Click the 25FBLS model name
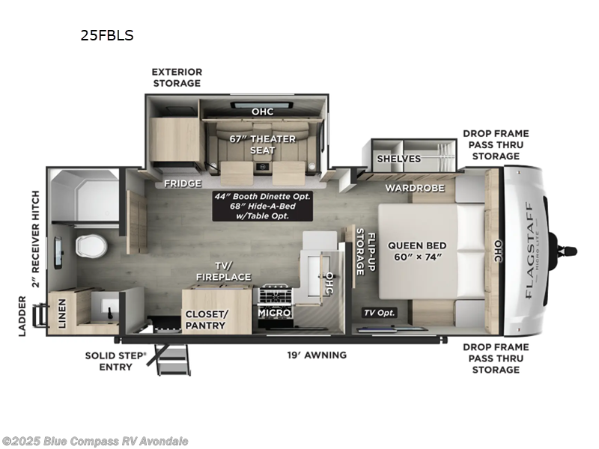[x=107, y=35]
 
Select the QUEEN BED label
[x=417, y=251]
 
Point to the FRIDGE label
[x=183, y=184]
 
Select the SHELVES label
[x=398, y=159]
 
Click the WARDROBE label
[x=416, y=187]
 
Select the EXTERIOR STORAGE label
[x=177, y=78]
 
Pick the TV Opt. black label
[x=380, y=313]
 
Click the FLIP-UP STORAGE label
[x=365, y=254]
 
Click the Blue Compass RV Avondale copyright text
[x=95, y=441]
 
